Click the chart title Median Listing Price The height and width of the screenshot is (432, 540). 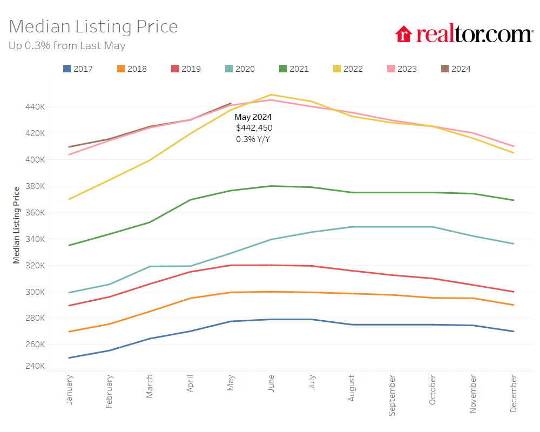(93, 26)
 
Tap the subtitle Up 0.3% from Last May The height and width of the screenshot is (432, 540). (67, 46)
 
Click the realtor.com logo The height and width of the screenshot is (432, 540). (464, 34)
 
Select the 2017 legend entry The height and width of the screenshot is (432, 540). (78, 69)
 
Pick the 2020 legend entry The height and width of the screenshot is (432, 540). (240, 69)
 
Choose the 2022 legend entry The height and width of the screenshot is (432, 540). (348, 69)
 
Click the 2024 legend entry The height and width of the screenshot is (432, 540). (456, 69)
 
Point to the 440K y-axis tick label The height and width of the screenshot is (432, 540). (34, 107)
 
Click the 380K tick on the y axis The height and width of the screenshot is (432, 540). (34, 186)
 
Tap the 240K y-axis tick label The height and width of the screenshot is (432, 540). (34, 366)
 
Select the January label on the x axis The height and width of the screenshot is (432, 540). (69, 389)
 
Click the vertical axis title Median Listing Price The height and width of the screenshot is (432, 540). (17, 225)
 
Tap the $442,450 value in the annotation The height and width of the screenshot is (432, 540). (254, 128)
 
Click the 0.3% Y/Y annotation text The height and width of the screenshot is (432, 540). (253, 139)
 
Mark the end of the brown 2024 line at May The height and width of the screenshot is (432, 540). (231, 103)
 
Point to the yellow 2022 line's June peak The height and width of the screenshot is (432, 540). (271, 94)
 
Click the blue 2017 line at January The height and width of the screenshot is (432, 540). (69, 357)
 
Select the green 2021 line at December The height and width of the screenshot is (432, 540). (513, 200)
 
